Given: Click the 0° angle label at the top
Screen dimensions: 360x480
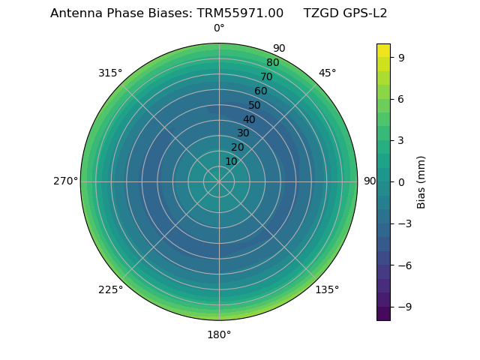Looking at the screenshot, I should click(x=219, y=28).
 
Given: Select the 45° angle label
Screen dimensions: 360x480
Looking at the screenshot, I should click(x=327, y=73).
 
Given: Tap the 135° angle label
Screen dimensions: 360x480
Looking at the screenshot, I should click(x=327, y=289).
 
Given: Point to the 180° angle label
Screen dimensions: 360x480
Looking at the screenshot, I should click(x=219, y=334).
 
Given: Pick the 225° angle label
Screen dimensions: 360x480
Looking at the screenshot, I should click(x=110, y=289).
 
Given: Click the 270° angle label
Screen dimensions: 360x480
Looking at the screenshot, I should click(x=65, y=181).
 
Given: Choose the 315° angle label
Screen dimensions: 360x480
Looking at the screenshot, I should click(x=110, y=73).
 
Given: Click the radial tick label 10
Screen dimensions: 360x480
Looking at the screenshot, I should click(x=231, y=161).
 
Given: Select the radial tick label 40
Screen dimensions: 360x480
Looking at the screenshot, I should click(x=249, y=119).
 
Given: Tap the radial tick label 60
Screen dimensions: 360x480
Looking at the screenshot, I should click(x=260, y=91).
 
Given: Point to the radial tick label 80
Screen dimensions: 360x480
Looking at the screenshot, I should click(x=272, y=63).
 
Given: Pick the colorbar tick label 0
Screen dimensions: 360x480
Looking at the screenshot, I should click(x=401, y=181).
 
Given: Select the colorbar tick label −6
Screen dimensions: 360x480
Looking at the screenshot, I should click(x=404, y=265).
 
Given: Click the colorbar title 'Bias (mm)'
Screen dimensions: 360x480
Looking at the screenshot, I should click(x=421, y=181).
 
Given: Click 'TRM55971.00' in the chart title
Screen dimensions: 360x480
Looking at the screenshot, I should click(x=240, y=13).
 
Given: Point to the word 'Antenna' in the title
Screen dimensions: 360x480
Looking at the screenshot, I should click(x=75, y=13).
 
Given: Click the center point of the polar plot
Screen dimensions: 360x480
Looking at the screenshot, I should click(x=219, y=181).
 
